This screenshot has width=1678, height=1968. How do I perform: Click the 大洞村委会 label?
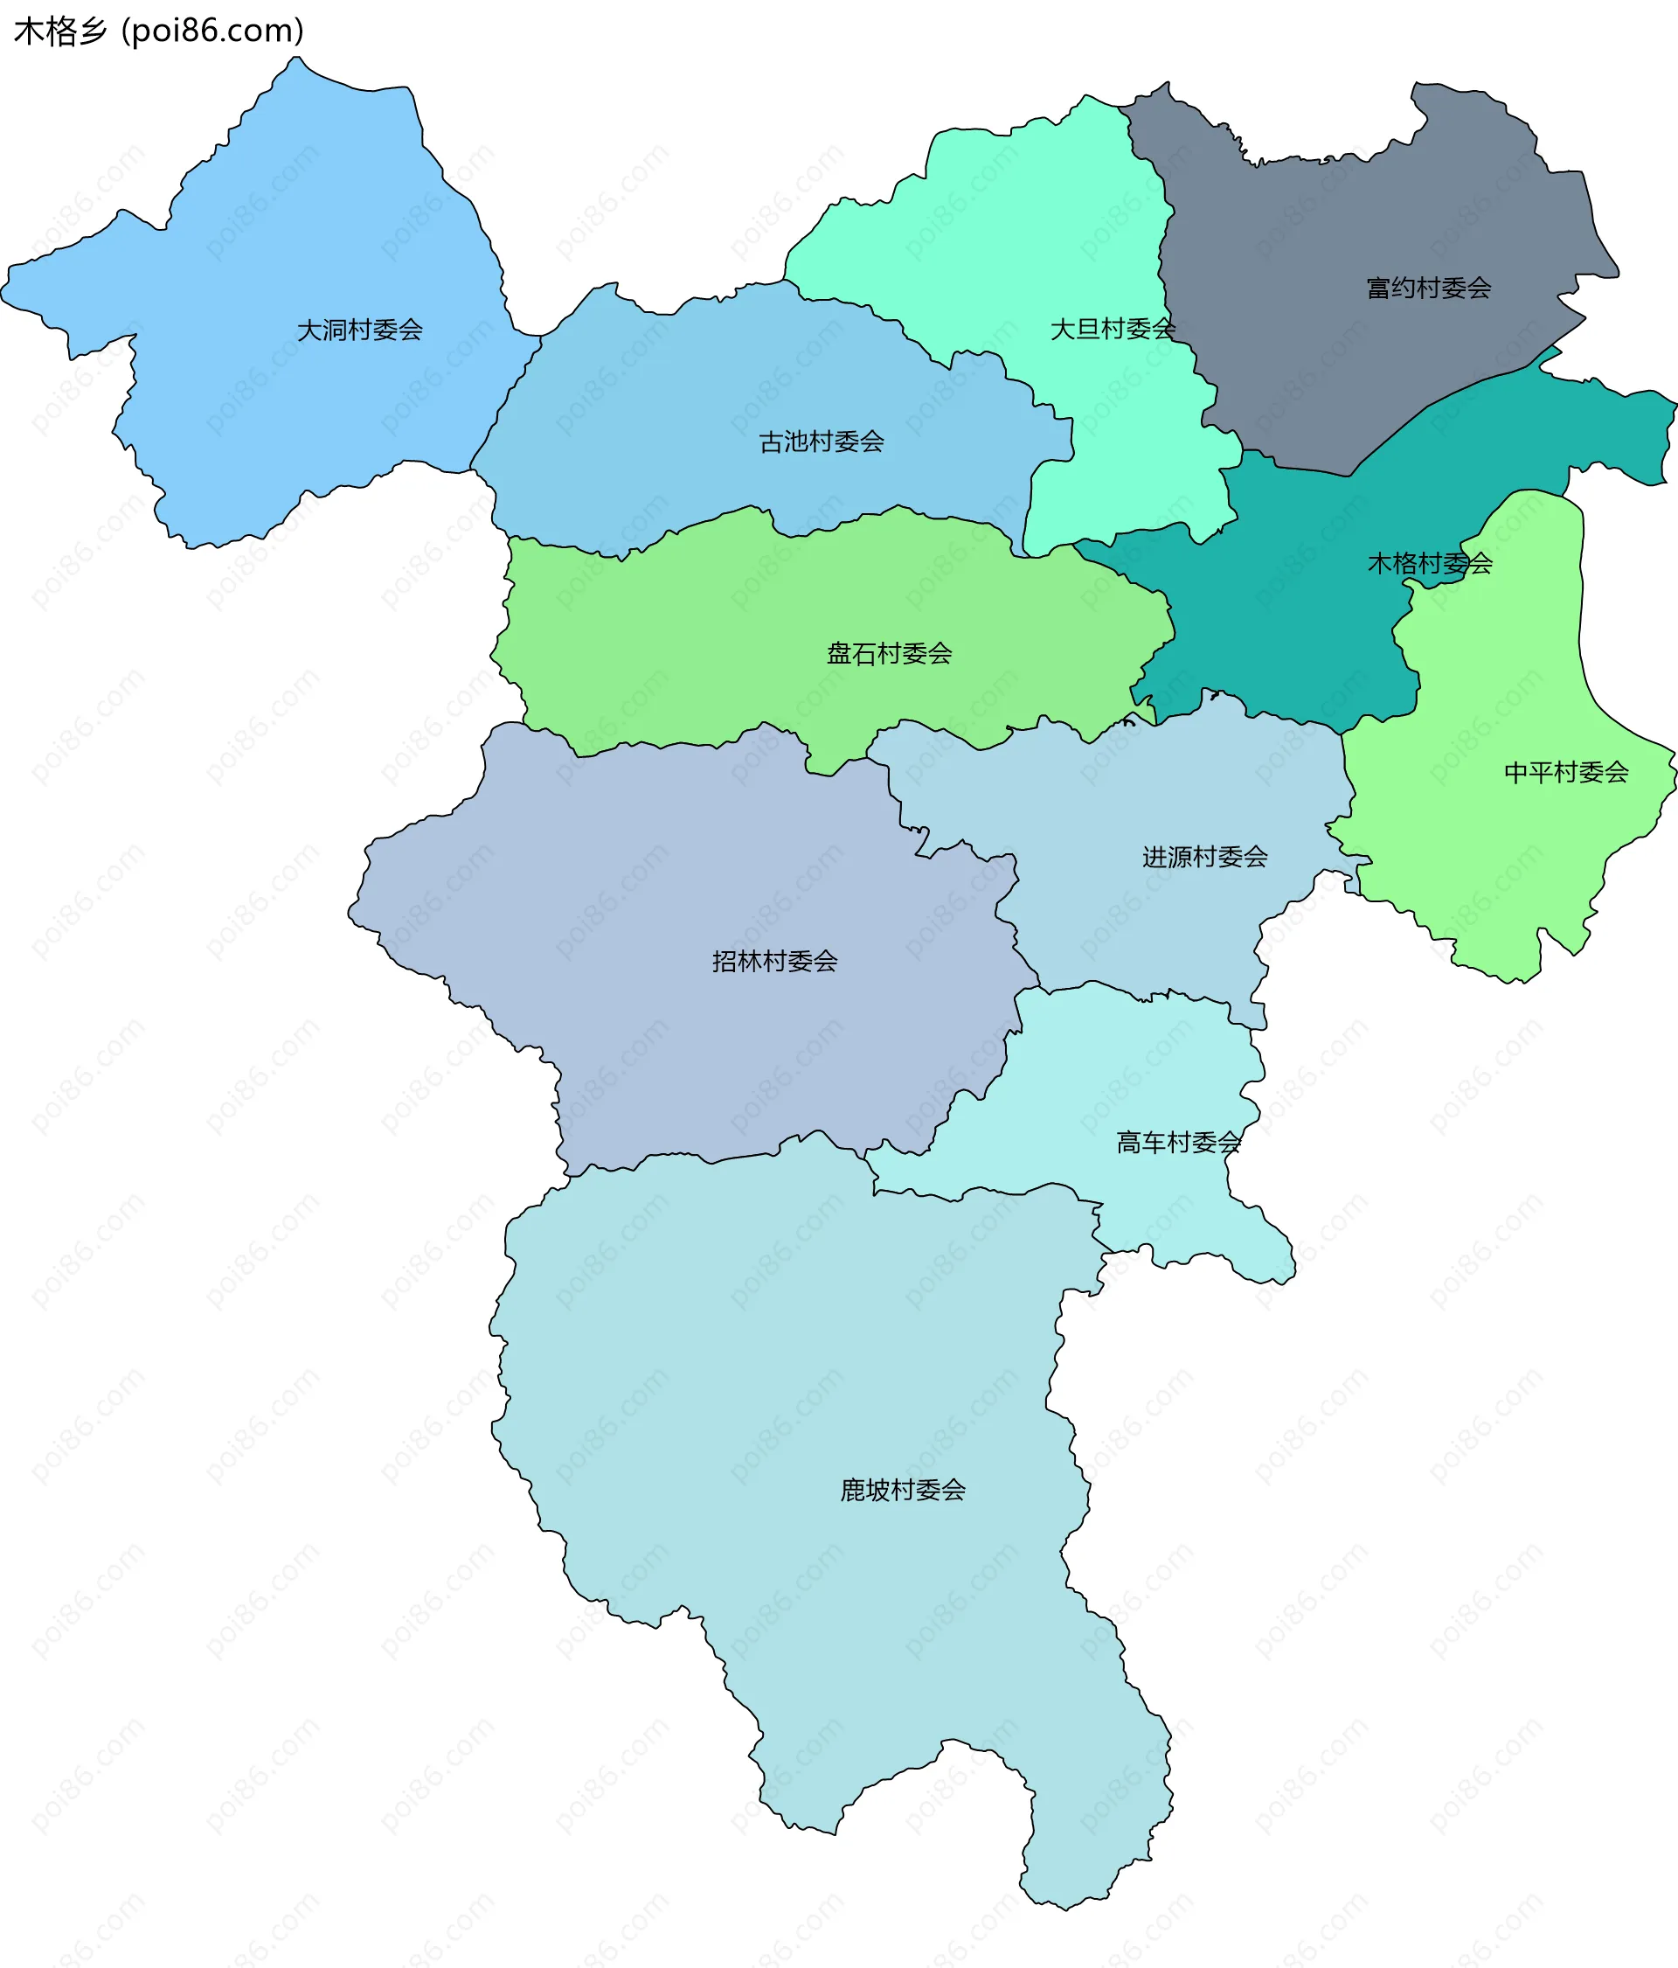359,330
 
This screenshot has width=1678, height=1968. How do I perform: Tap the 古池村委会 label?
822,442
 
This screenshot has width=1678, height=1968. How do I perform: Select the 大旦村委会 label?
1112,329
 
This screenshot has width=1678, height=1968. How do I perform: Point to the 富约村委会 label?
1428,288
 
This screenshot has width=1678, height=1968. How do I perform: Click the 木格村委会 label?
1429,563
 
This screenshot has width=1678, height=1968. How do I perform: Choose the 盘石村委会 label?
889,653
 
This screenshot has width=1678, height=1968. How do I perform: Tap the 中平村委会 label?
1566,772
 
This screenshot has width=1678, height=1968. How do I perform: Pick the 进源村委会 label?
1204,857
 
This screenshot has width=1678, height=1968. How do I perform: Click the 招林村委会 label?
775,961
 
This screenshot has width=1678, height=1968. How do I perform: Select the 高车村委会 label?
1178,1142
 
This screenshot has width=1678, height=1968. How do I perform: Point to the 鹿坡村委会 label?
902,1489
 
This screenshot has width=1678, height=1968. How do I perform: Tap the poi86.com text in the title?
212,31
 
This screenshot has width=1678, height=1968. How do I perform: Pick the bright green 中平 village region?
1501,855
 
